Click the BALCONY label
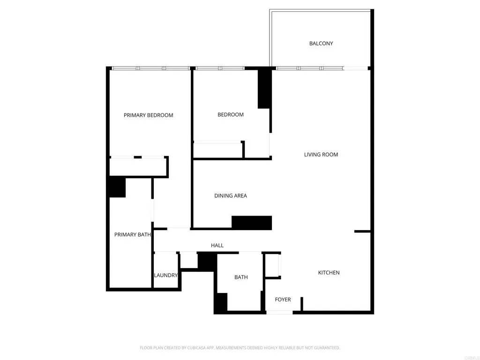pyautogui.click(x=321, y=44)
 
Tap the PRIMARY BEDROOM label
pyautogui.click(x=148, y=115)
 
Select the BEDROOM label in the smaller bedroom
pyautogui.click(x=231, y=115)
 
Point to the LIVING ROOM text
pyautogui.click(x=321, y=155)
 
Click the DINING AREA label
pyautogui.click(x=231, y=196)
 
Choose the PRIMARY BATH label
pyautogui.click(x=133, y=235)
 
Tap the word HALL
pyautogui.click(x=217, y=246)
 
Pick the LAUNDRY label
pyautogui.click(x=166, y=276)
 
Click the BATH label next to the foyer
pyautogui.click(x=241, y=277)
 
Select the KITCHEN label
pyautogui.click(x=329, y=273)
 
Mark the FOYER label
pyautogui.click(x=283, y=300)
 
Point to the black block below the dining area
pyautogui.click(x=252, y=223)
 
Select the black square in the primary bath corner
pyautogui.click(x=117, y=187)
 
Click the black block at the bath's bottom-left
pyautogui.click(x=221, y=303)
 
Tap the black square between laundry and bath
pyautogui.click(x=206, y=261)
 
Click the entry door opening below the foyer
pyautogui.click(x=279, y=312)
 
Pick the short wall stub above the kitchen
pyautogui.click(x=362, y=231)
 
